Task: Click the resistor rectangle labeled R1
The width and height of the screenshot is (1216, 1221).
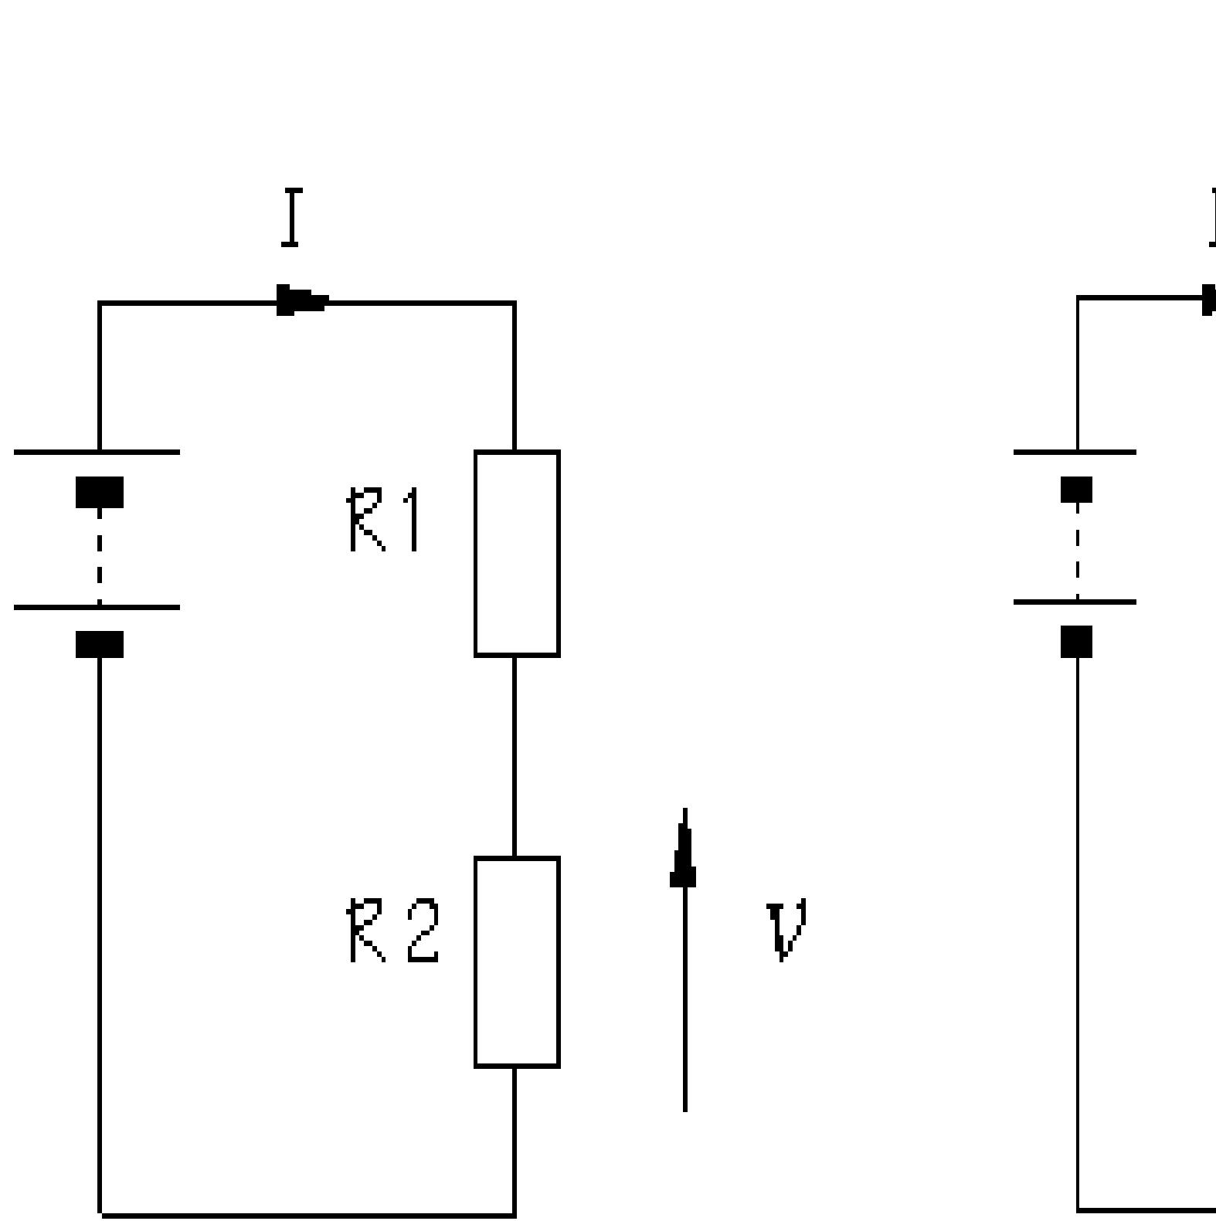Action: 517,553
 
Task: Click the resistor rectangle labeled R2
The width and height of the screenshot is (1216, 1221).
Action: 517,962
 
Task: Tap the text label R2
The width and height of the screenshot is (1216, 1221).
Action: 393,931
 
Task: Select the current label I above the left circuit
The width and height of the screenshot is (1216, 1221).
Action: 291,218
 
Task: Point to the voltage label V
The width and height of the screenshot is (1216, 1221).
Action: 787,931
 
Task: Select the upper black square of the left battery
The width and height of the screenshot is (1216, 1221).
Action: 100,492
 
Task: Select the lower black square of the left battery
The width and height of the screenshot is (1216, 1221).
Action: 100,644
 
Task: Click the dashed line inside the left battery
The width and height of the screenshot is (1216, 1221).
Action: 100,556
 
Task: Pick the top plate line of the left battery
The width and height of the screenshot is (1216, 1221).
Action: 97,452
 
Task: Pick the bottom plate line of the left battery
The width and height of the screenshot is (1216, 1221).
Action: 97,608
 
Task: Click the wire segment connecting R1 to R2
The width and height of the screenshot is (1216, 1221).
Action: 515,755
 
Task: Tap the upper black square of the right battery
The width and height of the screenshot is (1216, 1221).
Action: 1077,490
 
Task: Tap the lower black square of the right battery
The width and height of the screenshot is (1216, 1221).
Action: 1077,641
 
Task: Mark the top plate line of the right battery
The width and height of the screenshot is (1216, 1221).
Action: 1075,452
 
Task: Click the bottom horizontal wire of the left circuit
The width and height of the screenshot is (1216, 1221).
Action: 307,1215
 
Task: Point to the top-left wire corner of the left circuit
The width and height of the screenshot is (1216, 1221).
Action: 100,304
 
